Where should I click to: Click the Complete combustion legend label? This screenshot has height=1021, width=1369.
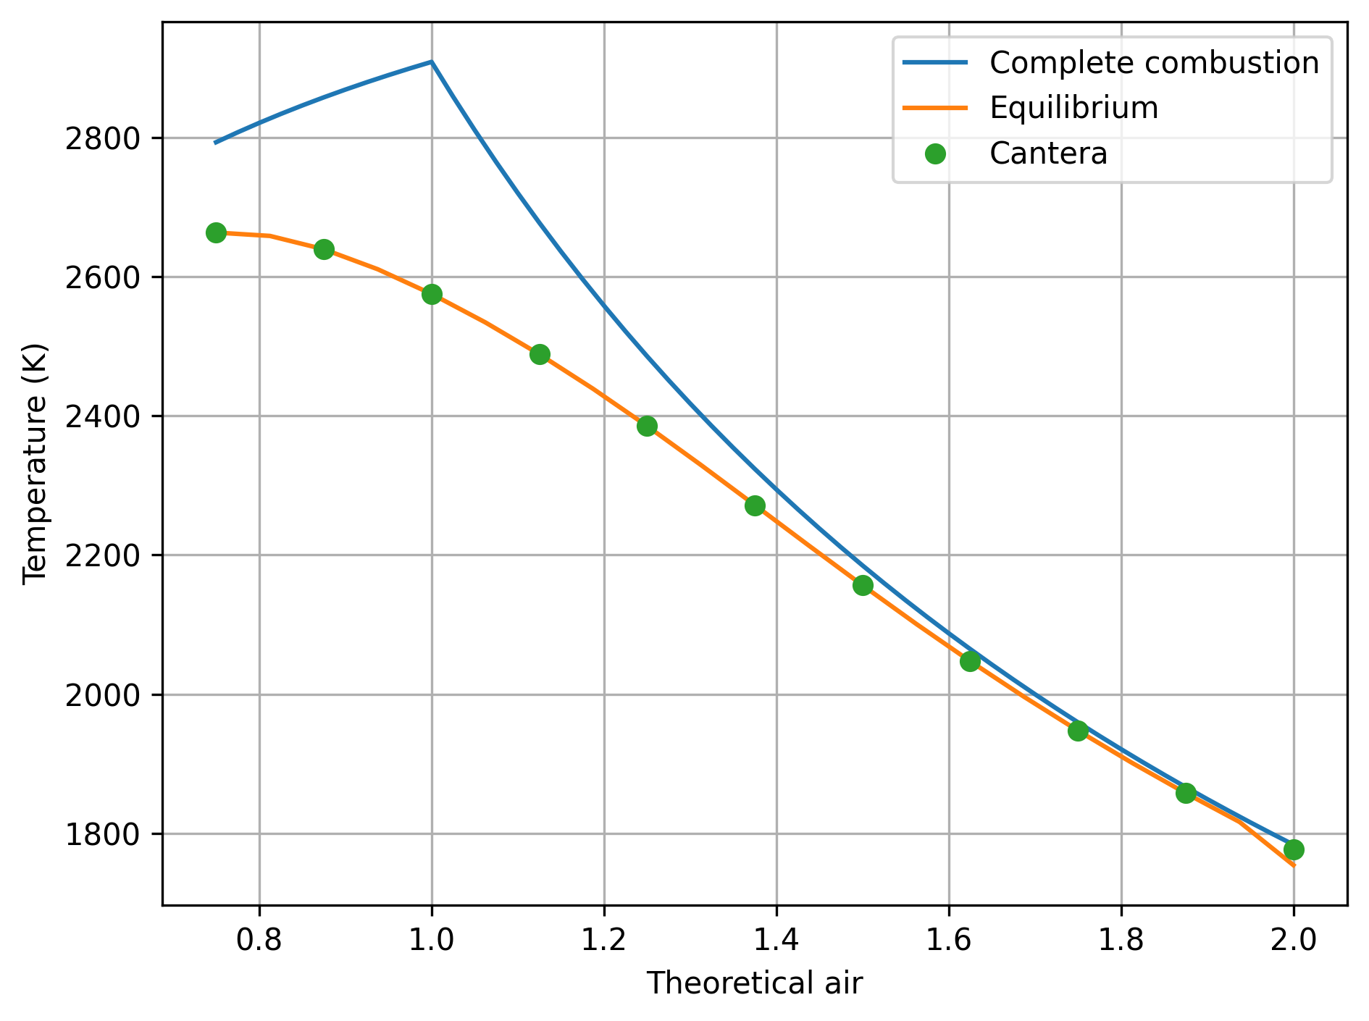1154,63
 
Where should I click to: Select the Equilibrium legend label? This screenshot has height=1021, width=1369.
1073,108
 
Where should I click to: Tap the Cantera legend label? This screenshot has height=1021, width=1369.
1048,154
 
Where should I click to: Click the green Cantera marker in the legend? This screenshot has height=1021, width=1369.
935,154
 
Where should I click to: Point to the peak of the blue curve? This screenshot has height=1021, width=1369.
432,62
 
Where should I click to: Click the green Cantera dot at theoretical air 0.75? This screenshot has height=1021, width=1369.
216,232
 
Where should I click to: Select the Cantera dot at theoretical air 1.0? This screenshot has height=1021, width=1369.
432,294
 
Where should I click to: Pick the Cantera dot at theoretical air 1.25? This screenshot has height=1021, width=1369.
647,426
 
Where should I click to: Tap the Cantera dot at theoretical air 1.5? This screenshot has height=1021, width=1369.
863,585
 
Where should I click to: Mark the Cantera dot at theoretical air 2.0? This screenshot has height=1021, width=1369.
1294,849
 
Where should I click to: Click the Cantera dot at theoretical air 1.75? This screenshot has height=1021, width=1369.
1078,731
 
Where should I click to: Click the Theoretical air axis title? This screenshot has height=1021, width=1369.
754,983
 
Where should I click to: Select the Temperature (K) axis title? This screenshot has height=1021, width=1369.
35,463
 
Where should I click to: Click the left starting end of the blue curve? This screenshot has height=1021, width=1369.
216,143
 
